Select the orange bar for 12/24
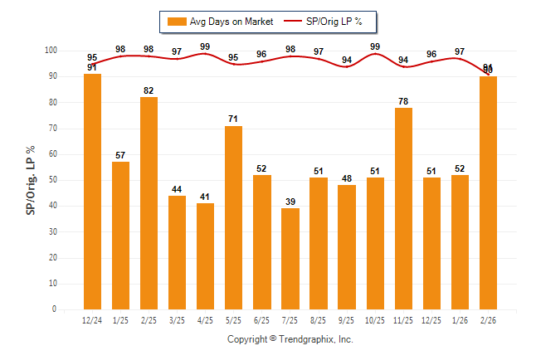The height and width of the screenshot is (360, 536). click(x=92, y=192)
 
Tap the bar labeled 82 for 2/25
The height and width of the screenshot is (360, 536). click(x=149, y=203)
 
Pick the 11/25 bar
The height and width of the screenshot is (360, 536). click(x=403, y=208)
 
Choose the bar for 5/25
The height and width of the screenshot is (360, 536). click(x=234, y=217)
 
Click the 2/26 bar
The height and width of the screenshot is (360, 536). click(x=488, y=192)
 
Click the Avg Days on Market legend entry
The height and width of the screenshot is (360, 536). click(x=220, y=21)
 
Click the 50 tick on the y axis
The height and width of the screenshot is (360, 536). click(x=51, y=180)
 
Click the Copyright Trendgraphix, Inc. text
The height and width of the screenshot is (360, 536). click(x=290, y=339)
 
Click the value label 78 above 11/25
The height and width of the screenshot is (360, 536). click(x=403, y=101)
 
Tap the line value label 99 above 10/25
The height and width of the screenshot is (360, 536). click(x=375, y=46)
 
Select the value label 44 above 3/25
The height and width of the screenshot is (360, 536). click(x=177, y=189)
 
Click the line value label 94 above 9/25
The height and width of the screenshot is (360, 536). click(x=347, y=60)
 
